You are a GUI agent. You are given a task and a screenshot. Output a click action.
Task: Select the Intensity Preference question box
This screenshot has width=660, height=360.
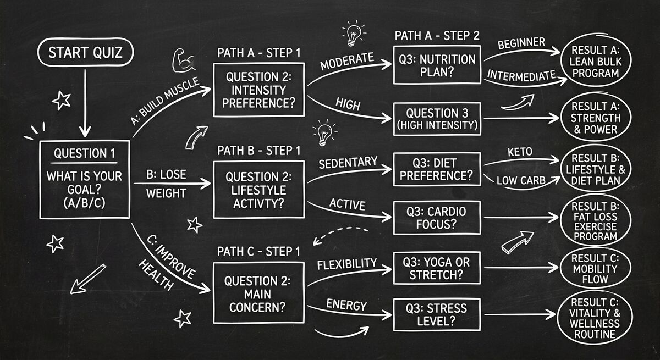pyautogui.click(x=258, y=90)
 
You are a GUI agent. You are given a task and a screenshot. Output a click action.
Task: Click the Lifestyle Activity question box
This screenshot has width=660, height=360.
pyautogui.click(x=258, y=190)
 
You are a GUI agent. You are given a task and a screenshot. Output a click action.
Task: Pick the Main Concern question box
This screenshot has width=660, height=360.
pyautogui.click(x=258, y=292)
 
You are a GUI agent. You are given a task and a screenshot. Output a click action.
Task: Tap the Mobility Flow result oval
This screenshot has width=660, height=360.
pyautogui.click(x=595, y=268)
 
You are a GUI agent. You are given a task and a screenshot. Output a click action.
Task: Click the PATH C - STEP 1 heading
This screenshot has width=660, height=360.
pyautogui.click(x=258, y=252)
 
